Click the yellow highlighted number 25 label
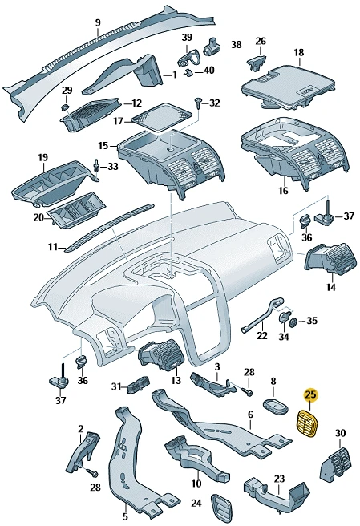(310, 394)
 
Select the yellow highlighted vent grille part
(308, 424)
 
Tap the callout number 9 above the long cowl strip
(98, 22)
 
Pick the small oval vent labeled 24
(222, 504)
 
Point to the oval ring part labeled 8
(276, 406)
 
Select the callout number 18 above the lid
(299, 52)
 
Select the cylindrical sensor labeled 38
(212, 47)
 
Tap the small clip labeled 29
(65, 107)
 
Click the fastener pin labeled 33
(96, 167)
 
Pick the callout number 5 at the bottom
(125, 516)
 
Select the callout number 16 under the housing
(284, 191)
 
